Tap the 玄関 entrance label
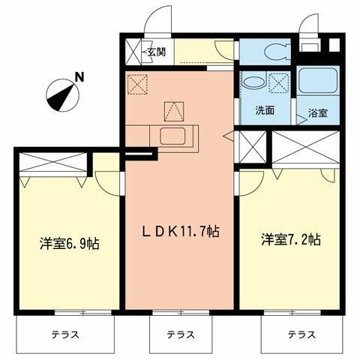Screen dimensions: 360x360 click(x=156, y=52)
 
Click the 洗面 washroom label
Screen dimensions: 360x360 click(x=264, y=111)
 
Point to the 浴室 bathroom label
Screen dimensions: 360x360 click(x=316, y=115)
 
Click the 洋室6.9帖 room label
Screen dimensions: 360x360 click(x=70, y=243)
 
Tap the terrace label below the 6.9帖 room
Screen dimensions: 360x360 click(x=65, y=334)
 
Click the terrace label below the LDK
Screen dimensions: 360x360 click(x=181, y=334)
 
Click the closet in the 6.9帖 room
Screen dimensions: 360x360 click(x=51, y=161)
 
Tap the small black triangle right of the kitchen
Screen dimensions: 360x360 click(x=227, y=136)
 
